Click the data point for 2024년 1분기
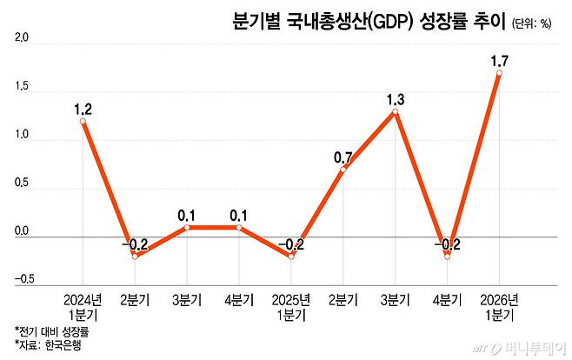(83, 121)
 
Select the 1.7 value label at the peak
(500, 61)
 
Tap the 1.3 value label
(396, 99)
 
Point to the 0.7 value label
(343, 157)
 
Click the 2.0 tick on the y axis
(23, 40)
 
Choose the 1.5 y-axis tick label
(23, 88)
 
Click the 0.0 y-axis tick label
(23, 232)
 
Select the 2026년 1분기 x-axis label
(499, 305)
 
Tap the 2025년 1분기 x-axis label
(291, 305)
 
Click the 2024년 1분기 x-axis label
(83, 305)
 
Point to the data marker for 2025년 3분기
(396, 111)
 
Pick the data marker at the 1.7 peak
(499, 73)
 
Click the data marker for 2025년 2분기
(343, 169)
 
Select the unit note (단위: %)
(531, 23)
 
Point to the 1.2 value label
(83, 109)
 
